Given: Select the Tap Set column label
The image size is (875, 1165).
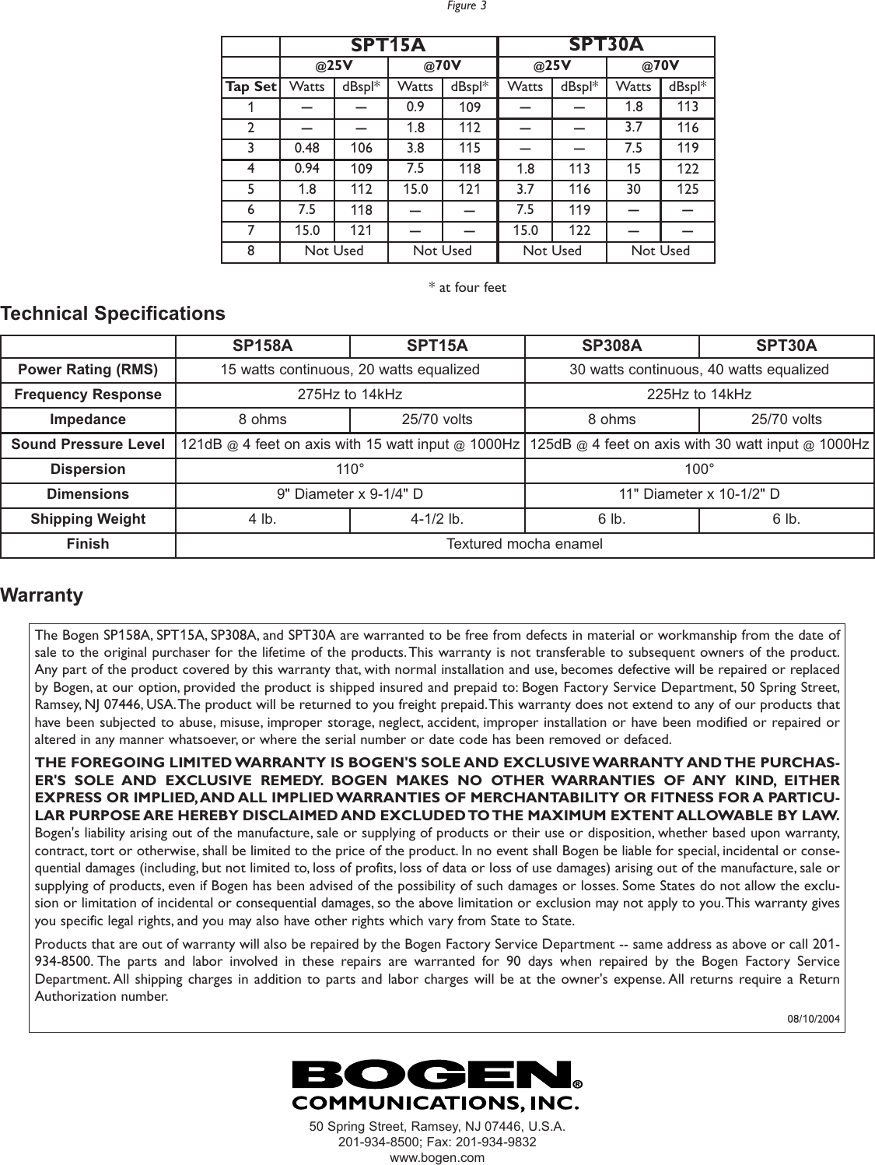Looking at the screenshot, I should [x=250, y=86].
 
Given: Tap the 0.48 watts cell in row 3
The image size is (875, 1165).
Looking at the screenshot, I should [x=307, y=147].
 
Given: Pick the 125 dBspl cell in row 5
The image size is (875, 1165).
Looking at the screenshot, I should [x=688, y=188].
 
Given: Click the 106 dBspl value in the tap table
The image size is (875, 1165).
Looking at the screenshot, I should [x=361, y=147].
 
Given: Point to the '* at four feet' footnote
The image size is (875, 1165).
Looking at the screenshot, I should [x=467, y=288].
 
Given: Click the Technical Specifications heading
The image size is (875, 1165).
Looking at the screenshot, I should [x=113, y=314].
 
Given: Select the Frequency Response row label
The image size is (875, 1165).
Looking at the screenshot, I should [x=88, y=395].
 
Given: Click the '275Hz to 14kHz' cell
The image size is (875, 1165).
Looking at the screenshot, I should [x=350, y=395].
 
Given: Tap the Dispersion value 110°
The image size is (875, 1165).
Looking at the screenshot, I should [x=350, y=469].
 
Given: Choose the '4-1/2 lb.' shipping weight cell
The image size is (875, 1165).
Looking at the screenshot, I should [x=437, y=519].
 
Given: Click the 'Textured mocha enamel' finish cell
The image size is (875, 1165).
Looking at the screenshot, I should [x=524, y=544].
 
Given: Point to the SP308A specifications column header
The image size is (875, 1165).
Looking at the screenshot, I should [x=611, y=346].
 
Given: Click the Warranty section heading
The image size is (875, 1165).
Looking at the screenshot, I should [x=42, y=595].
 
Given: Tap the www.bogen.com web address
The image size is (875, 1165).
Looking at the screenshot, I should [x=436, y=1157].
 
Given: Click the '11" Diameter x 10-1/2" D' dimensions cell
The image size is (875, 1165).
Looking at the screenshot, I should [x=698, y=494].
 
